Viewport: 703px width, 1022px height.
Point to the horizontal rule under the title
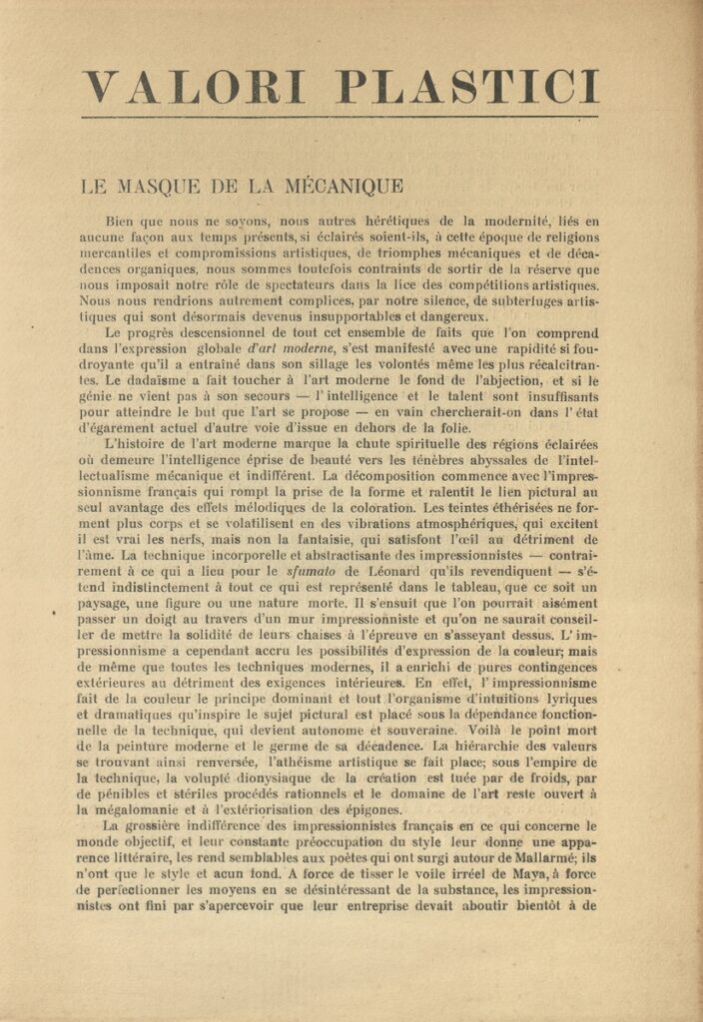340,118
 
